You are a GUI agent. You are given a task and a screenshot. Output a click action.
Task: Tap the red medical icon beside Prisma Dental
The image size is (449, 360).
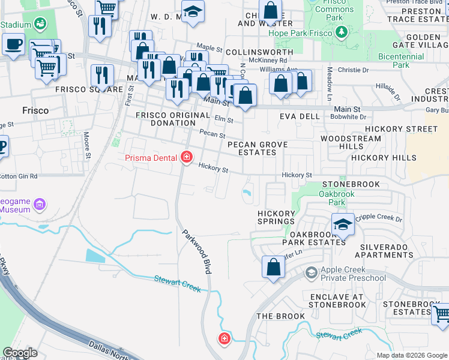click(x=187, y=158)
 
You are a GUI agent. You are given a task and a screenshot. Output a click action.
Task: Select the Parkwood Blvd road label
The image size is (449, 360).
click(x=197, y=253)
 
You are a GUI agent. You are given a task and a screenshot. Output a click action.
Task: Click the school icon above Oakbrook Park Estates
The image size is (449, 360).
click(x=343, y=224)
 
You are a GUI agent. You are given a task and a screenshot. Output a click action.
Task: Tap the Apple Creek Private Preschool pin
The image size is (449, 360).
click(x=311, y=274)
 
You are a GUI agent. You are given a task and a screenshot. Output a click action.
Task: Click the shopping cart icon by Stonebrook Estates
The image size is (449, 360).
click(x=442, y=313)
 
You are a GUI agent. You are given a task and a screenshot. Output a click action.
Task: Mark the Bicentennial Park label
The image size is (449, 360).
click(x=401, y=60)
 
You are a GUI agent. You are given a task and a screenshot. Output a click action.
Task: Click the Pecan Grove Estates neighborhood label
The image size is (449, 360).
click(x=257, y=148)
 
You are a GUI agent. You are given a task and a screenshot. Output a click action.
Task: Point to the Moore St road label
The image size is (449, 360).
click(x=87, y=146)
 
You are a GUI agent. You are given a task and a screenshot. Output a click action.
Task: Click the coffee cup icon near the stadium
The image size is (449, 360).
click(x=13, y=44)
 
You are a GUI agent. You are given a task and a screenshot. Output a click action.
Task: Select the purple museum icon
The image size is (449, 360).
click(x=40, y=205)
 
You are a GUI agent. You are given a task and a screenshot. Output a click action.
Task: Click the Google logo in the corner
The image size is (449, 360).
click(x=20, y=352)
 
